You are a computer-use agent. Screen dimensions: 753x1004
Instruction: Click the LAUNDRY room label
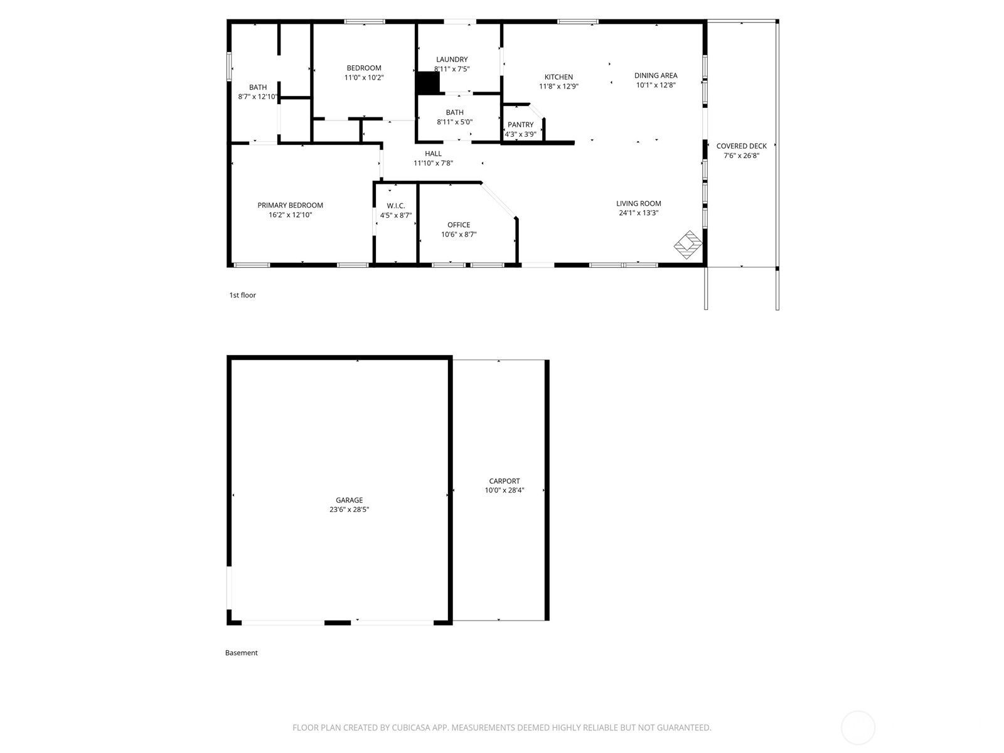452,60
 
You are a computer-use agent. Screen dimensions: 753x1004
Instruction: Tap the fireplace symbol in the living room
688,245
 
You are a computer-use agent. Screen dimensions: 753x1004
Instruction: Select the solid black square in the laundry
427,83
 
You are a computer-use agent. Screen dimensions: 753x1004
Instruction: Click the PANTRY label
520,125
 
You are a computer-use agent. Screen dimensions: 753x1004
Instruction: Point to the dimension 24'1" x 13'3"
638,213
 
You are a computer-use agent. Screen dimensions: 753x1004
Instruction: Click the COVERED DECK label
741,146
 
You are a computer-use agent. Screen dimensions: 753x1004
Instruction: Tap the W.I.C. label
395,206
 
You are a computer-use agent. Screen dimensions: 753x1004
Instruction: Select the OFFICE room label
459,225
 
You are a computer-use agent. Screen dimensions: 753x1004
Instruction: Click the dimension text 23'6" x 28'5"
349,510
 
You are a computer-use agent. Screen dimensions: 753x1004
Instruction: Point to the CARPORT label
505,481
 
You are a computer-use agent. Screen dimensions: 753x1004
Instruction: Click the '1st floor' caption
242,295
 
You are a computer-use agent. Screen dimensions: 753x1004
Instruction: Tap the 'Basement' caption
241,653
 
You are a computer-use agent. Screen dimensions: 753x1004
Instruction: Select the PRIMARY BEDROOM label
290,205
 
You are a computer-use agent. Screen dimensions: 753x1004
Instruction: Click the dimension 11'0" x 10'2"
364,78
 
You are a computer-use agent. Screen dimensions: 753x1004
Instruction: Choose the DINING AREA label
656,75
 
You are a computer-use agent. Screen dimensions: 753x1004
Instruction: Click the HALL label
433,154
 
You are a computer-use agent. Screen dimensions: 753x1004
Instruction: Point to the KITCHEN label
558,77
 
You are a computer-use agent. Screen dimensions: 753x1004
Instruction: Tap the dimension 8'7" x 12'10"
258,97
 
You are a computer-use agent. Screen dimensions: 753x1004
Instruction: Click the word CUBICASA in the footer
410,728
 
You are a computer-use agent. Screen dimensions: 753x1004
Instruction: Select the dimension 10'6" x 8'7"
459,235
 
